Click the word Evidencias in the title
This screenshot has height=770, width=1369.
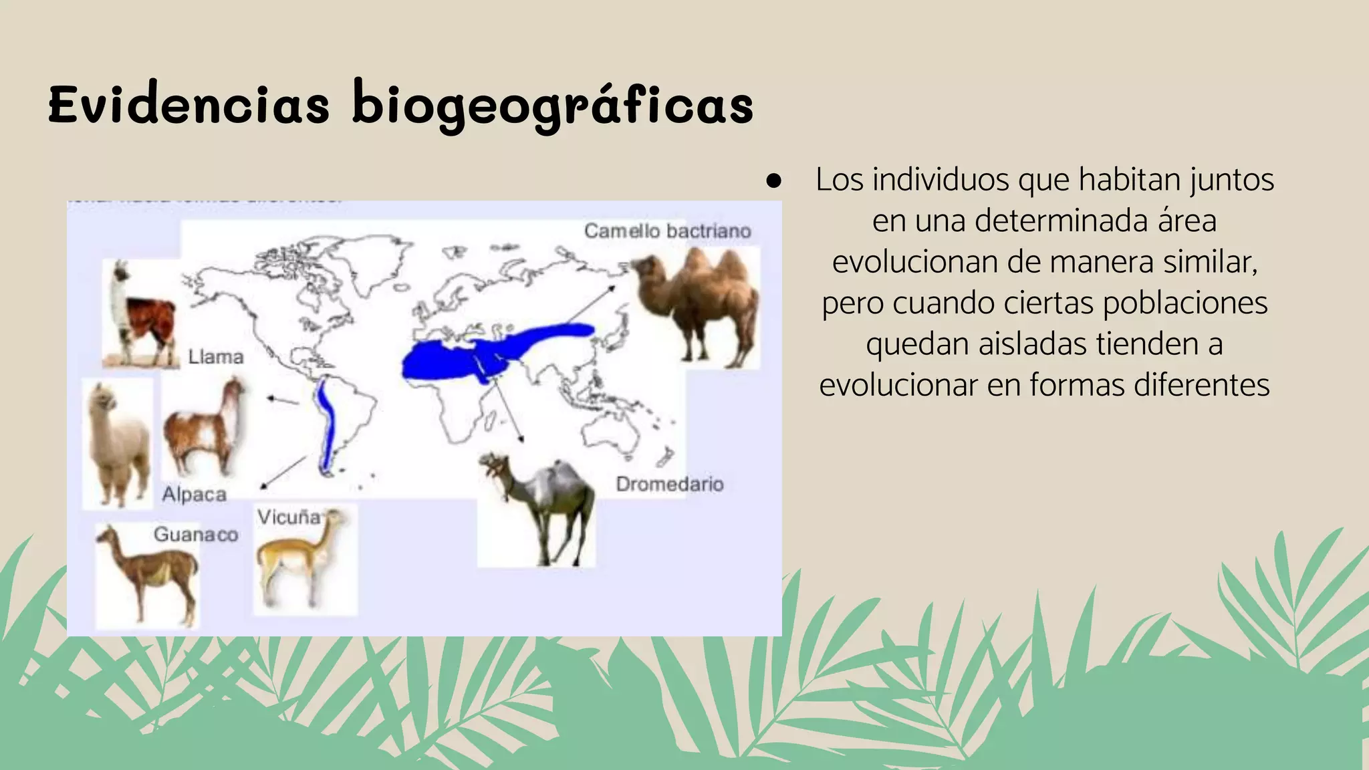click(x=189, y=105)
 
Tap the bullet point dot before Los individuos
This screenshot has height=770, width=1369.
click(x=774, y=180)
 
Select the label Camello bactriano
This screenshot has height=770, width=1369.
click(x=667, y=231)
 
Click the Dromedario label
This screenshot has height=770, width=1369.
click(x=669, y=484)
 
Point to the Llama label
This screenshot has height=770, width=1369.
click(x=215, y=357)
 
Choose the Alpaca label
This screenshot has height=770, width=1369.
click(x=195, y=495)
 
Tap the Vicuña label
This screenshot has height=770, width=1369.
click(x=289, y=517)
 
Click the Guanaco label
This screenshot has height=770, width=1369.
click(x=196, y=535)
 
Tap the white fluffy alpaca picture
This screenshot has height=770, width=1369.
click(x=116, y=444)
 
